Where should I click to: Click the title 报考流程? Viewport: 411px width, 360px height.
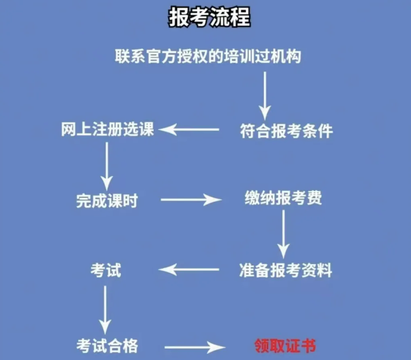coord(209,17)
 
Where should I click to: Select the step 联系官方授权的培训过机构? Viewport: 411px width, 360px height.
coord(208,56)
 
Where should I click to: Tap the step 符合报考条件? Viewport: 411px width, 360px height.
coord(286,131)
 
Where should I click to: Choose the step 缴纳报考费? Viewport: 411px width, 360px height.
coord(283,198)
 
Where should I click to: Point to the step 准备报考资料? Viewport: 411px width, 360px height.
coord(286,270)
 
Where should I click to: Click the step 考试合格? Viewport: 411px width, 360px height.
coord(107,345)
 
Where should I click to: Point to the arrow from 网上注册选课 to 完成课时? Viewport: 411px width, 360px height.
coord(106,165)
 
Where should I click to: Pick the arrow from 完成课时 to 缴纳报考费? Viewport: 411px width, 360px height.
coord(191,200)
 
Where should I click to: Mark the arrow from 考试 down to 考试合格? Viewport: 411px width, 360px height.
coord(105,309)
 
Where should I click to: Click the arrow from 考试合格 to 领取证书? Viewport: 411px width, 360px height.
coord(192,347)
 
